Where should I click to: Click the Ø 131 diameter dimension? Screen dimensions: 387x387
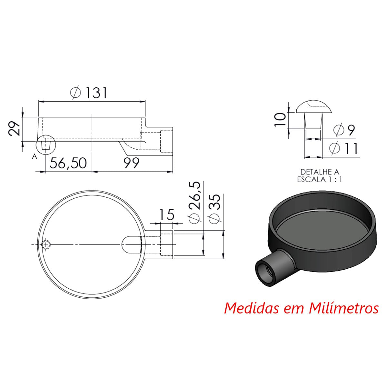(89, 93)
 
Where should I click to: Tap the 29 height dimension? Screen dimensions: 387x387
(15, 129)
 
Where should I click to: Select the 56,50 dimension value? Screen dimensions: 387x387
(68, 163)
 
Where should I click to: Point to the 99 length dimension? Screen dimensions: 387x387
(131, 163)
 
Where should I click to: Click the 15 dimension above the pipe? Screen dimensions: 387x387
(167, 215)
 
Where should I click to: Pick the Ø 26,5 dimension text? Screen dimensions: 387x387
(194, 202)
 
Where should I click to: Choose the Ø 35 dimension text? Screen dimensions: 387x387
(214, 208)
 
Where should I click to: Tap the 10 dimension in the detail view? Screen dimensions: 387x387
(280, 119)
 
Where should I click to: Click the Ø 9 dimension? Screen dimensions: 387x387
(344, 130)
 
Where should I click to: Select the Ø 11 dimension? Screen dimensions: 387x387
(343, 149)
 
